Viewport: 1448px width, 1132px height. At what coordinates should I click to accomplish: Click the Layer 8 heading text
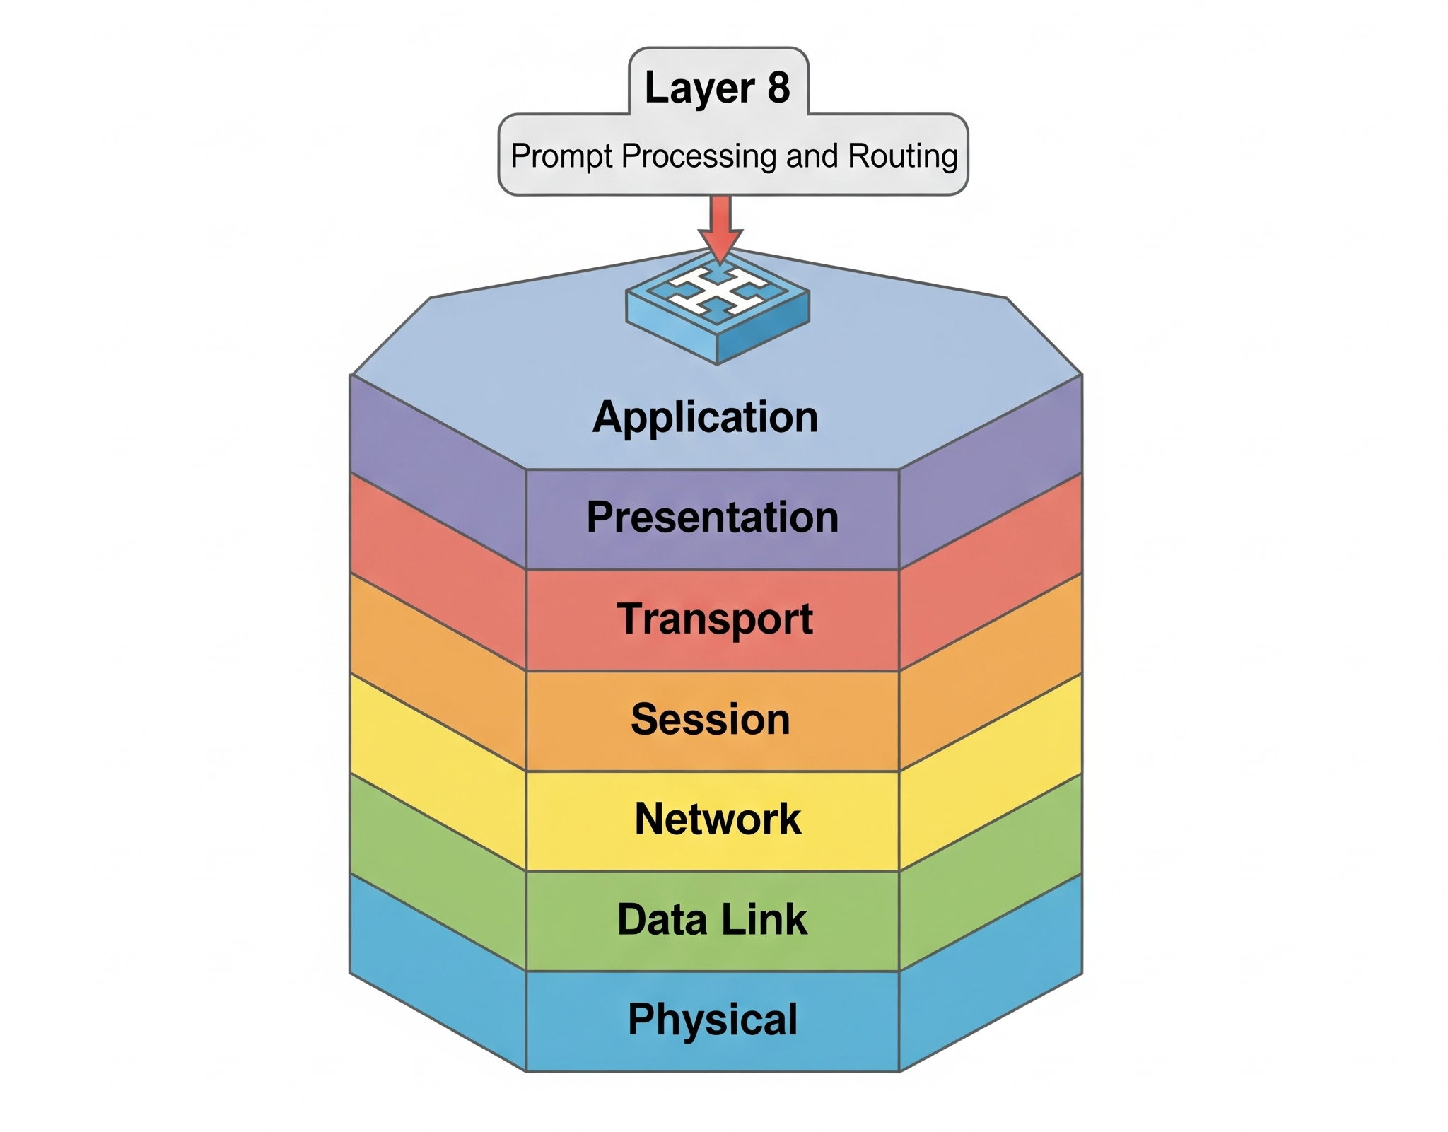pyautogui.click(x=717, y=88)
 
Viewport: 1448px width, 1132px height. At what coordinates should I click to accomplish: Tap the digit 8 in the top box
pyautogui.click(x=778, y=87)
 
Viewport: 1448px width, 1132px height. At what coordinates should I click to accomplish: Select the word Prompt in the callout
pyautogui.click(x=562, y=157)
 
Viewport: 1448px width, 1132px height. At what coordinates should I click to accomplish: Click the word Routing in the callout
pyautogui.click(x=903, y=157)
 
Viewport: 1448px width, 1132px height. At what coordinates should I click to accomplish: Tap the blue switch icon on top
pyautogui.click(x=718, y=310)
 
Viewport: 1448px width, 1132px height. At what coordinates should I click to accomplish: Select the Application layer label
pyautogui.click(x=706, y=418)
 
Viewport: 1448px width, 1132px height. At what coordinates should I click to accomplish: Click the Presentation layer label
pyautogui.click(x=713, y=517)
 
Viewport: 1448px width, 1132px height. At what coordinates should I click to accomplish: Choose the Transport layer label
pyautogui.click(x=715, y=619)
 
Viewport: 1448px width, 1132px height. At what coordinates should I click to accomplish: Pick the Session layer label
pyautogui.click(x=711, y=719)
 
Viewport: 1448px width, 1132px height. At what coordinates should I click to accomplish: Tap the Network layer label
pyautogui.click(x=718, y=819)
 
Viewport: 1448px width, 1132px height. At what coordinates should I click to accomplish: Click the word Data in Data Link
pyautogui.click(x=662, y=919)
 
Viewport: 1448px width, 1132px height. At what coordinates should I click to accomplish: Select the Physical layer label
pyautogui.click(x=713, y=1020)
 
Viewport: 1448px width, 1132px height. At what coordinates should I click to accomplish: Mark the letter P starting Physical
pyautogui.click(x=641, y=1019)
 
